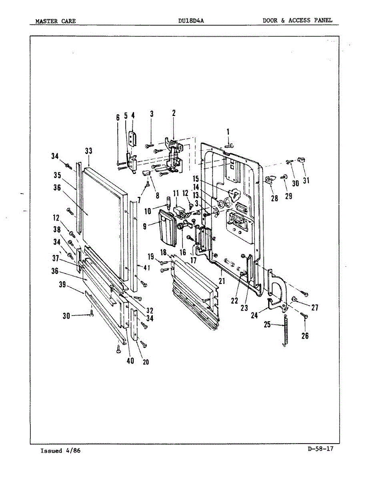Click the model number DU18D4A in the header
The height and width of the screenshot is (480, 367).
coord(191,21)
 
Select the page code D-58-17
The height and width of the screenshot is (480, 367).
coord(321,449)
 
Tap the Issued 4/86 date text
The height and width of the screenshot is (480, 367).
coord(60,451)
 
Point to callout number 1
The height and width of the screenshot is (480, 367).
coord(228,132)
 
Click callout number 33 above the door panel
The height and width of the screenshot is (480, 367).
coord(88,151)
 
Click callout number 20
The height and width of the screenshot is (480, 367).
coord(146,362)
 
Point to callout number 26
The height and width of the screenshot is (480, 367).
coord(305,336)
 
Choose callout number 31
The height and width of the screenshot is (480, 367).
coord(306,181)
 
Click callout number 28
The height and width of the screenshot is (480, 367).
coord(275,198)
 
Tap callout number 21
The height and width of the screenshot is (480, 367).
coord(221,282)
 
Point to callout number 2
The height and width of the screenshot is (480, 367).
coord(174,113)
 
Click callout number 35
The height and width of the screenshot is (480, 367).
coord(57,176)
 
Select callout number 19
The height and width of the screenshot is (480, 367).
coord(151,256)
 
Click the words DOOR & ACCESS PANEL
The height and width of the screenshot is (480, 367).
coord(297,20)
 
